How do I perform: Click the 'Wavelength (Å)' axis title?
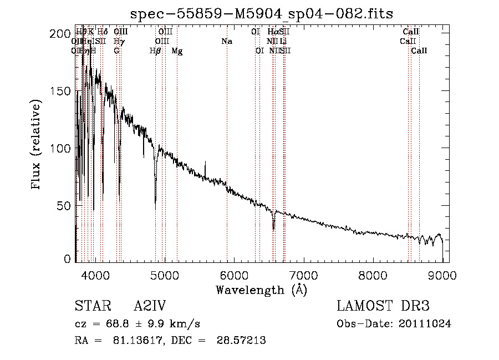pyautogui.click(x=261, y=289)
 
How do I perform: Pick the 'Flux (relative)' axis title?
pyautogui.click(x=37, y=145)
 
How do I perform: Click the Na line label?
pyautogui.click(x=226, y=42)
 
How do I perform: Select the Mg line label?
pyautogui.click(x=177, y=51)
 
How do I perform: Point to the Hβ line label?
pyautogui.click(x=155, y=51)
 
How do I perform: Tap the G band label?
pyautogui.click(x=116, y=51)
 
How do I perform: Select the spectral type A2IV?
pyautogui.click(x=150, y=306)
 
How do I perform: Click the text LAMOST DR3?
pyautogui.click(x=383, y=306)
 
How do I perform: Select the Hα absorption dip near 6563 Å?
pyautogui.click(x=273, y=225)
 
